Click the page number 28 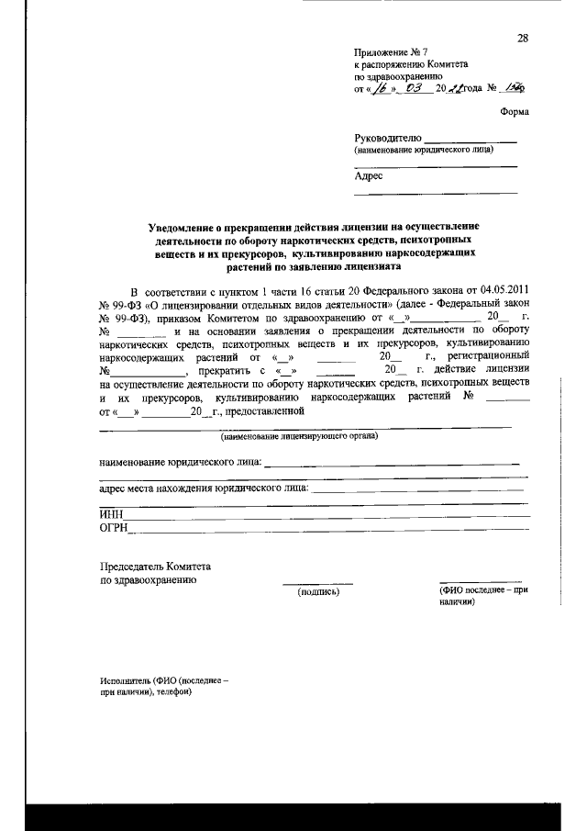point(522,38)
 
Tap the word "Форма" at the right point(515,110)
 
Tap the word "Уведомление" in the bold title point(187,226)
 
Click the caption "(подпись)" point(318,593)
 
